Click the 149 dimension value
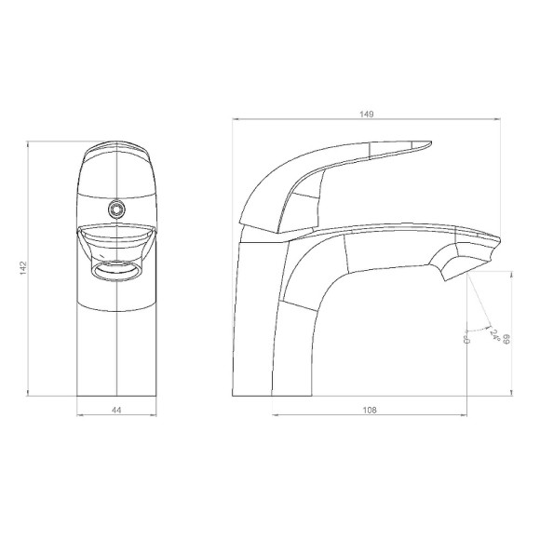367,114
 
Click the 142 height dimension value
23,268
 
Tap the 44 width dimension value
116,410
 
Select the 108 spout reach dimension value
370,410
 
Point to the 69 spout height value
506,339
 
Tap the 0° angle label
467,339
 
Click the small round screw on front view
116,209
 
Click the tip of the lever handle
431,142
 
